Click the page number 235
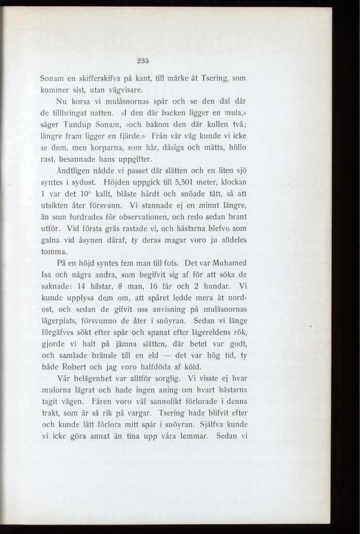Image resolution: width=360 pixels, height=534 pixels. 142,61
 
